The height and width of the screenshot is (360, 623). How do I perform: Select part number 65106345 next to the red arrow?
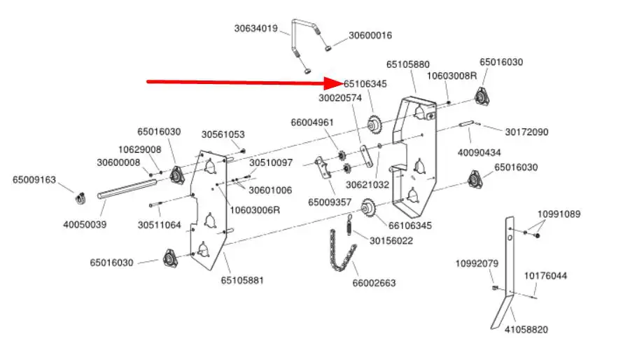(x=365, y=84)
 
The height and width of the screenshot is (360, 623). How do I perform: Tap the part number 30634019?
(x=256, y=29)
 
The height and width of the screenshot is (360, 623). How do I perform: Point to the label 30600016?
(x=370, y=35)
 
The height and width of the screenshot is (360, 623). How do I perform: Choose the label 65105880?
(x=408, y=64)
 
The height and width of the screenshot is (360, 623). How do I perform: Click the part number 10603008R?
(x=451, y=76)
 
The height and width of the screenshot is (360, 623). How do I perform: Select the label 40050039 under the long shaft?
(x=85, y=225)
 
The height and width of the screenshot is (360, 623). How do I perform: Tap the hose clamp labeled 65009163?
(x=81, y=198)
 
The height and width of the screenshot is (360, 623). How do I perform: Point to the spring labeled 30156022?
(x=349, y=225)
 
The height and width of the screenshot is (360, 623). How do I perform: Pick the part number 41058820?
(x=526, y=329)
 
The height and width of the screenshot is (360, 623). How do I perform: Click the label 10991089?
(x=559, y=214)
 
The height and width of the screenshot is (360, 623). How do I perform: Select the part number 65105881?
(x=242, y=280)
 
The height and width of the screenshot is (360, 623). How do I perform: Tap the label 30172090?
(x=526, y=132)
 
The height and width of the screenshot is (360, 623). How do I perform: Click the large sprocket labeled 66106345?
(x=368, y=207)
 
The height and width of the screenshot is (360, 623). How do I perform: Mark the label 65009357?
(x=330, y=202)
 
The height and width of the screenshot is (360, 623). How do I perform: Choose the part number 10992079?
(x=477, y=263)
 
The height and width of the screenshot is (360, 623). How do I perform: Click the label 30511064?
(x=160, y=225)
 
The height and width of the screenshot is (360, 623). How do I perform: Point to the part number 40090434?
(x=479, y=153)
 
